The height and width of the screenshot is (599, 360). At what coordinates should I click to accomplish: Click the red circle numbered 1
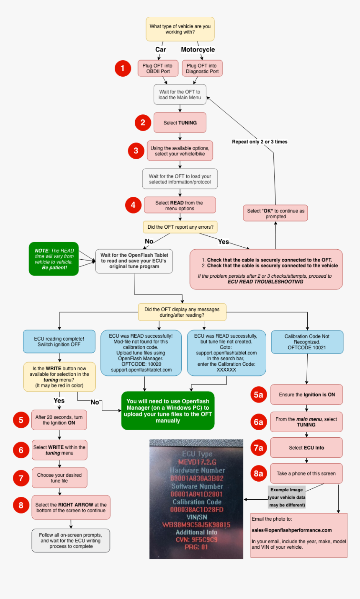[123, 68]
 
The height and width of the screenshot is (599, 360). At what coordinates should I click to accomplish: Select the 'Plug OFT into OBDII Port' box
[158, 68]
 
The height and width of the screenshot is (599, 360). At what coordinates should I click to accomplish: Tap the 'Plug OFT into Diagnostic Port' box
[202, 68]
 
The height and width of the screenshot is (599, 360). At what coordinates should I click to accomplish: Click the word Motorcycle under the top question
[198, 49]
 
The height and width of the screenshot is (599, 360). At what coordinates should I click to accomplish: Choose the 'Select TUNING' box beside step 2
[180, 123]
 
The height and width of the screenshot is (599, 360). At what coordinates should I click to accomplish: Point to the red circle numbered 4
[133, 205]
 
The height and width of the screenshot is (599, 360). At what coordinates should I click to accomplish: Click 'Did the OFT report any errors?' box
[180, 227]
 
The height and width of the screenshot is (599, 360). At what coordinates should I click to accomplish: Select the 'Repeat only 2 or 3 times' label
[260, 142]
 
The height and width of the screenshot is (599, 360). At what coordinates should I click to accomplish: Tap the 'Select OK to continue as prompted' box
[275, 214]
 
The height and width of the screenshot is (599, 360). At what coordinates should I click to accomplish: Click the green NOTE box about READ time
[54, 259]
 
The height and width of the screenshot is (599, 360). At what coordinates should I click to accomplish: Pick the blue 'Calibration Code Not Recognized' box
[307, 342]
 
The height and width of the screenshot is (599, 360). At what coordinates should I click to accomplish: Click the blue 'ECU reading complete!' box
[59, 341]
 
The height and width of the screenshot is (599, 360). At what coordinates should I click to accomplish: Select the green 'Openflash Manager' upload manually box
[168, 411]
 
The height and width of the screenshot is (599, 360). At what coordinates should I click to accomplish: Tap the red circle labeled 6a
[259, 422]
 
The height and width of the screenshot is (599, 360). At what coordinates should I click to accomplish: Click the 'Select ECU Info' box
[306, 448]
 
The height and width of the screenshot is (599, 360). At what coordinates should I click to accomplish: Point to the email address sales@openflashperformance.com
[291, 530]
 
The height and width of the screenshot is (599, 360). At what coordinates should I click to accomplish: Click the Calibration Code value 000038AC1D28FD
[197, 509]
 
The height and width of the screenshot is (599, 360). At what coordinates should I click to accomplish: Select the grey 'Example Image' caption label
[287, 497]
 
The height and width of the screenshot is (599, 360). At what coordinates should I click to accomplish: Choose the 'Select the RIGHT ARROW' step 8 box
[71, 508]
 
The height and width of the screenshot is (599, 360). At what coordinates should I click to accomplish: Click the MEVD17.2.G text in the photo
[197, 462]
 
